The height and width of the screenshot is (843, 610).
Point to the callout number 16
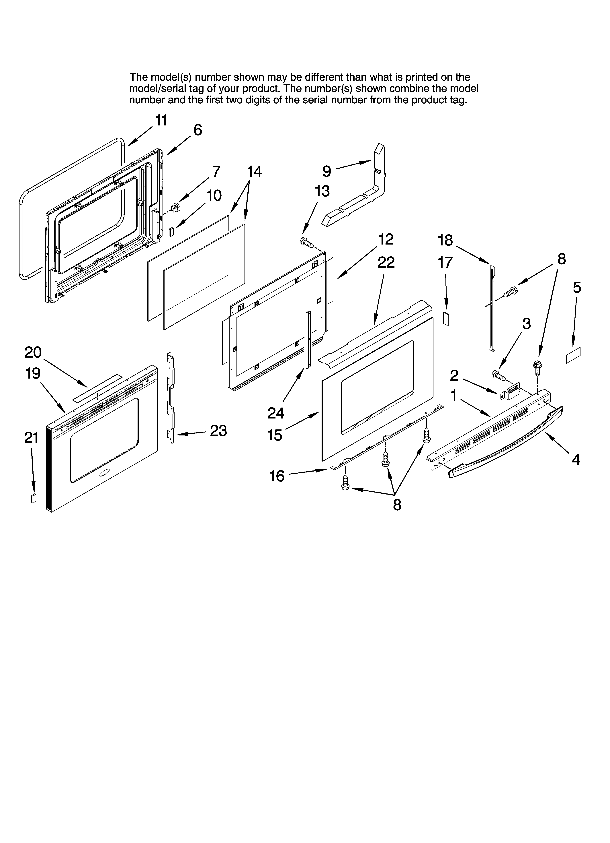(x=277, y=476)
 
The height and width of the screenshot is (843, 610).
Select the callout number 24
(x=276, y=413)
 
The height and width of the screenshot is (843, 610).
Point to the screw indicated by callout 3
(x=498, y=375)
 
